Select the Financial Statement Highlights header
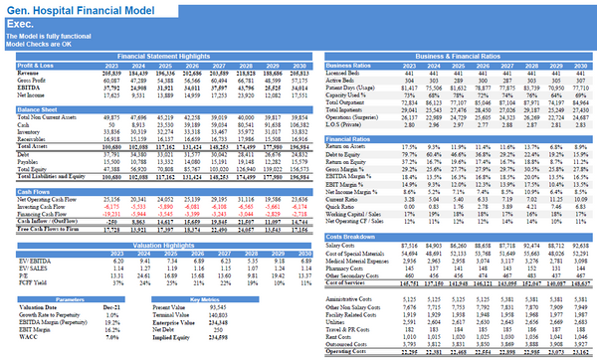pyautogui.click(x=185, y=57)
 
